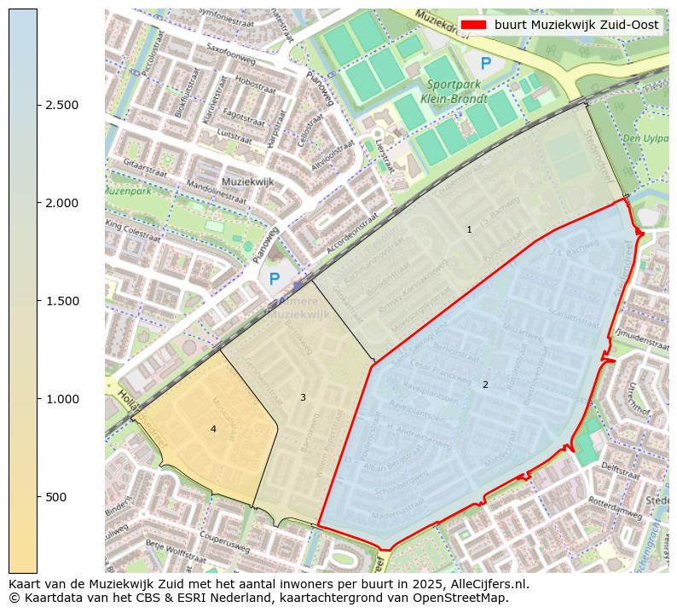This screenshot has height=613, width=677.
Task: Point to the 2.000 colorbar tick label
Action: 62,203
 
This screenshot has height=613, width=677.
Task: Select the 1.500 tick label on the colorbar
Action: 62,301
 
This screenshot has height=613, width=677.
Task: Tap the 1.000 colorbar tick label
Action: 62,399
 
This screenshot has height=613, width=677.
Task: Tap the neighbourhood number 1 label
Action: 469,230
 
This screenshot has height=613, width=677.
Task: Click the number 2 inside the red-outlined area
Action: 485,385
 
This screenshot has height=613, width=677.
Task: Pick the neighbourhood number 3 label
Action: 303,397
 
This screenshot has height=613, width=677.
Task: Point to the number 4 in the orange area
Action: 213,429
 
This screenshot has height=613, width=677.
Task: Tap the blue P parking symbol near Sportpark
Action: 485,63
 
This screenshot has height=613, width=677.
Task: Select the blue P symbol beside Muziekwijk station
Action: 274,279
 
